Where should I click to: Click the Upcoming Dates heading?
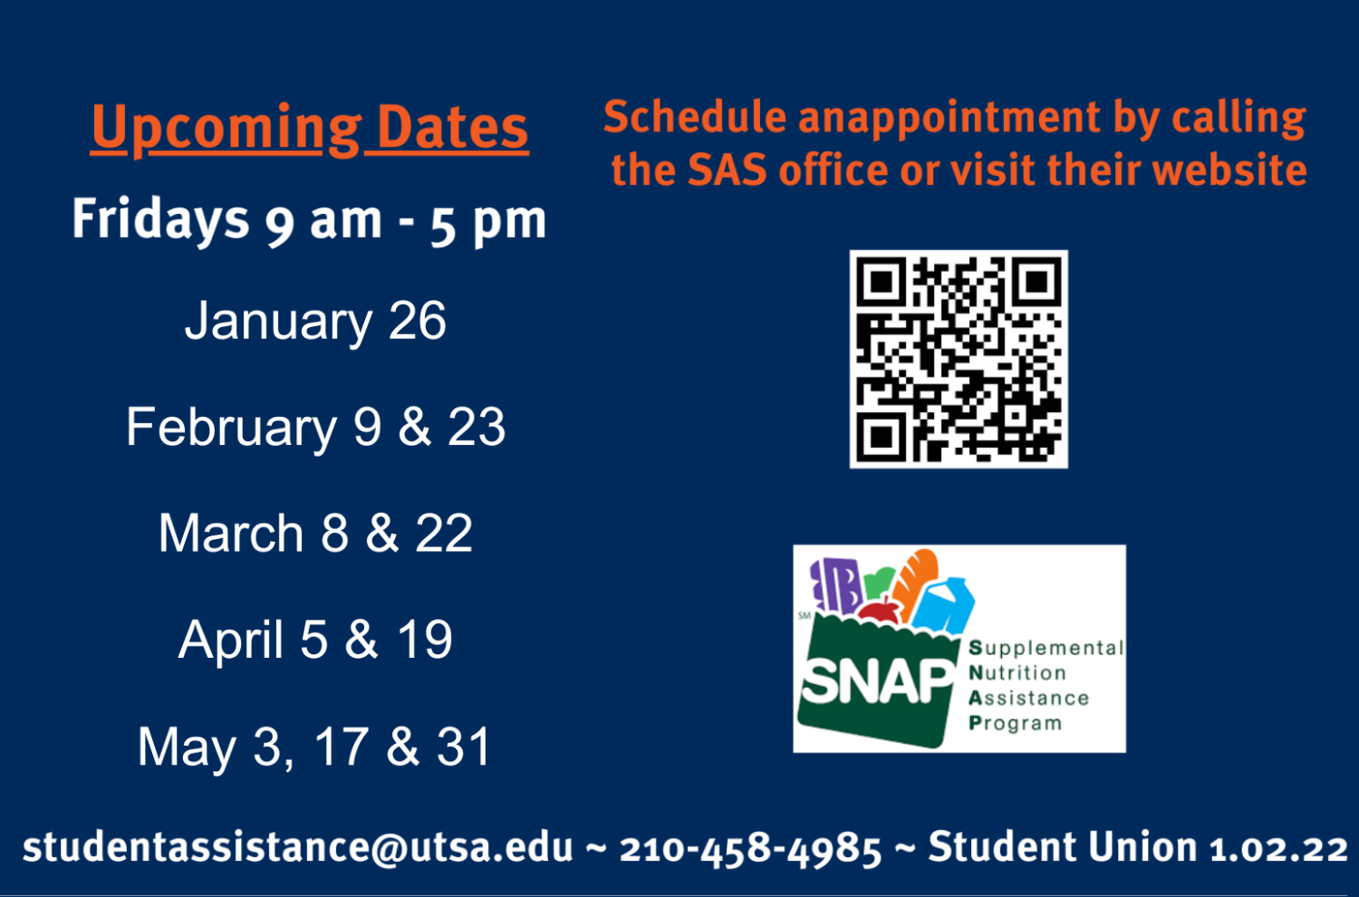point(309,129)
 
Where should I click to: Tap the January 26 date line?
point(315,321)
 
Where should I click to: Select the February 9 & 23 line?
point(315,427)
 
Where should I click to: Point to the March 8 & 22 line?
point(315,533)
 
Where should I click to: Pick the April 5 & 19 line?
point(315,640)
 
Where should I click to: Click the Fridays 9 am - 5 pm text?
point(309,220)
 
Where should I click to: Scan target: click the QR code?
point(959,359)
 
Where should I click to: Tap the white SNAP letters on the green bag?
point(877,681)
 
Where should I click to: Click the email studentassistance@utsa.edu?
point(298,847)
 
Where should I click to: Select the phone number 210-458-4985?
point(750,849)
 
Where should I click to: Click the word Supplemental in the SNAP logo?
point(1046,648)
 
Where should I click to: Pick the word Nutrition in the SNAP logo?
point(1017,673)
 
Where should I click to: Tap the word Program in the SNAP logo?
point(1015,723)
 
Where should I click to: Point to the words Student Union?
point(1062,847)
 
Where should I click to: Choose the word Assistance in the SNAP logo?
point(1028,699)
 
